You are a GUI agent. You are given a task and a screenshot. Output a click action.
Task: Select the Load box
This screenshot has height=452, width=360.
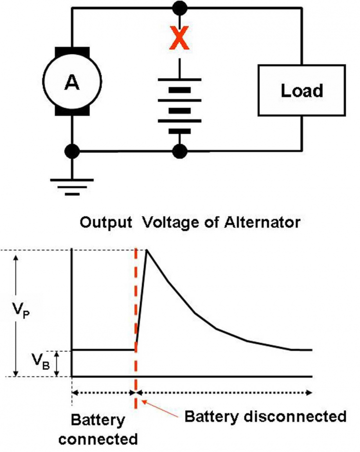[302, 90]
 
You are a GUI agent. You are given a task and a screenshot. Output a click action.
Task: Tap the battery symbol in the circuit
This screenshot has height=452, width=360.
[180, 105]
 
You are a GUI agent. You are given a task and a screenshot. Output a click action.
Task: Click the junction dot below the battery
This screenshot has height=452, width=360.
[180, 151]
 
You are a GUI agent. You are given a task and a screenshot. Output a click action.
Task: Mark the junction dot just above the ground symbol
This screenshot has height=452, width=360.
[72, 151]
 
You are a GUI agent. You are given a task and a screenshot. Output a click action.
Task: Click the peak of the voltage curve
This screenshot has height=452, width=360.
[146, 250]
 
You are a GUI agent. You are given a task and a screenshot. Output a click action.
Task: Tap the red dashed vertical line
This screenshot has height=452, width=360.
[136, 311]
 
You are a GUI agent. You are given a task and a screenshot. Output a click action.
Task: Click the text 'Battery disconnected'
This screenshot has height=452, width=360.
[266, 416]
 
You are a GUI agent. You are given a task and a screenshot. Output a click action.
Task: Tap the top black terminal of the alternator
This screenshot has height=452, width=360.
[72, 51]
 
